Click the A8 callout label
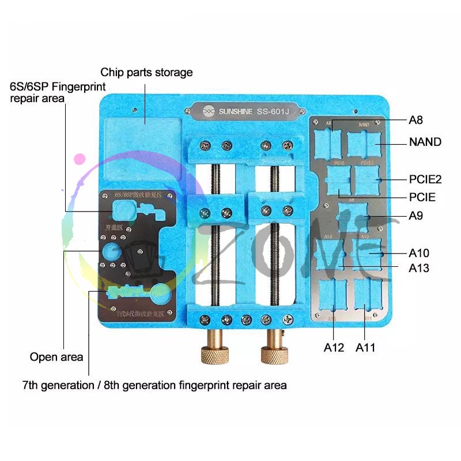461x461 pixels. (416, 120)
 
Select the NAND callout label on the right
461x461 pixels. (425, 142)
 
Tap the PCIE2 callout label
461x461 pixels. (425, 179)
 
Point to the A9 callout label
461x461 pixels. (416, 216)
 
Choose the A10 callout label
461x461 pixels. (419, 253)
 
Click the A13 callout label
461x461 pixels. (419, 268)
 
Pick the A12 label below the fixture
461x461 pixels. (334, 347)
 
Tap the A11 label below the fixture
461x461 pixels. (366, 347)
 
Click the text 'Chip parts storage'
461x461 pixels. (146, 73)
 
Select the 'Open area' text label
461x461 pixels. (56, 357)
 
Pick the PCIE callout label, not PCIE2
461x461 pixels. (421, 198)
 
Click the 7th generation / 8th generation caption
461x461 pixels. (154, 384)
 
